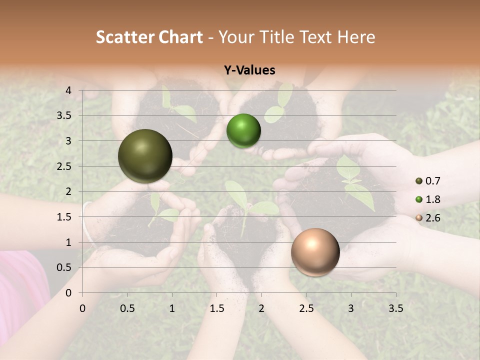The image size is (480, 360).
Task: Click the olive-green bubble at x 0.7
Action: click(145, 156)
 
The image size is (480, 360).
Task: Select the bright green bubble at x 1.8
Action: click(243, 131)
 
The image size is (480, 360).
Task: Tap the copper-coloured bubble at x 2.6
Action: click(315, 252)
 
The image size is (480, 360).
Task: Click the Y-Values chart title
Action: click(249, 70)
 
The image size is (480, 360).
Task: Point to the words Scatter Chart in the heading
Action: click(149, 37)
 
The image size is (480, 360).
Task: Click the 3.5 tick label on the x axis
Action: click(395, 308)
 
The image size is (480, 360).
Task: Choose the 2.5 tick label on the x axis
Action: click(306, 308)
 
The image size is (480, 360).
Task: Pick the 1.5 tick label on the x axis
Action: click(216, 308)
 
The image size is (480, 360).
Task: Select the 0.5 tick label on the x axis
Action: click(127, 308)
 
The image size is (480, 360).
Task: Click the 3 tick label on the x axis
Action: click(351, 308)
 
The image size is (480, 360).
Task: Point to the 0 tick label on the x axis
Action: click(83, 308)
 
